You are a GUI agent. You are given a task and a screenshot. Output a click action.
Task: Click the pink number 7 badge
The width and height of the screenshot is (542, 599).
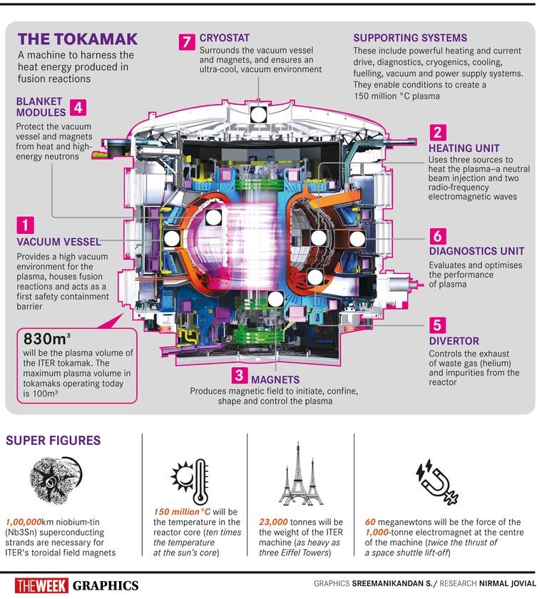(187, 42)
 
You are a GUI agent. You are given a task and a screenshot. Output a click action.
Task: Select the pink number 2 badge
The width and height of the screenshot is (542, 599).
(438, 132)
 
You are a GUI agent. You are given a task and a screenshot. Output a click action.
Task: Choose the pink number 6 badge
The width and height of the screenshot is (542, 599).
(438, 236)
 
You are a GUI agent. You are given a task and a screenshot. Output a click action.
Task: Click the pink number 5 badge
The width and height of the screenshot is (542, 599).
(438, 325)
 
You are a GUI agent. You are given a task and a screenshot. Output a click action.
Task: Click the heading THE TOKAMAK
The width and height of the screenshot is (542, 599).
(68, 40)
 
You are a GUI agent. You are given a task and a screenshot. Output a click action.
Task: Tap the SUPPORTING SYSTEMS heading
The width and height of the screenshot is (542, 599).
(410, 38)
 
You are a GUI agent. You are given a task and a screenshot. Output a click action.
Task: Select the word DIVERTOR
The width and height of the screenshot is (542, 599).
(454, 342)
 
